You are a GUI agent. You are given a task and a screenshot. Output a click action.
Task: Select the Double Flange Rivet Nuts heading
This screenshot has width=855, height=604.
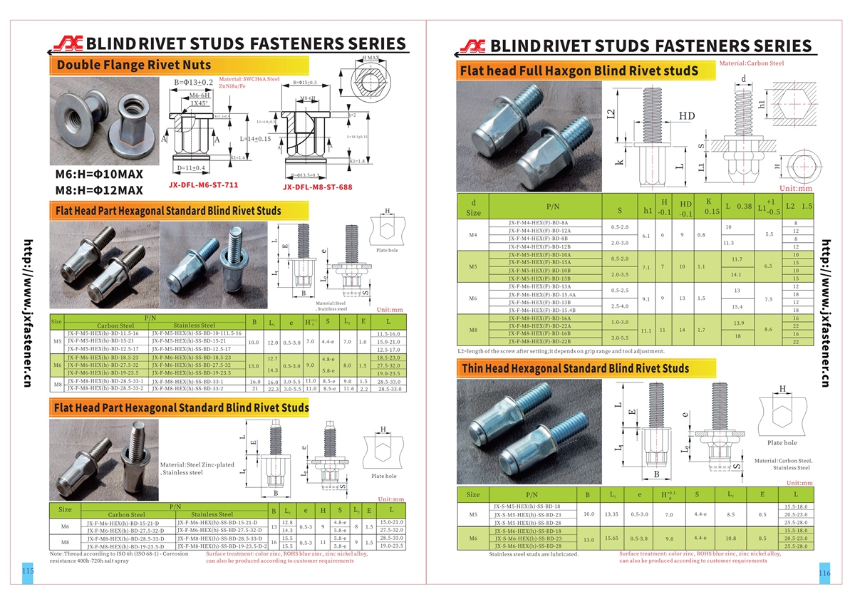click(x=133, y=65)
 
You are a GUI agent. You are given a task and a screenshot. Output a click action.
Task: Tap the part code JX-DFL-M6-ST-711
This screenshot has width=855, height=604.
click(x=203, y=184)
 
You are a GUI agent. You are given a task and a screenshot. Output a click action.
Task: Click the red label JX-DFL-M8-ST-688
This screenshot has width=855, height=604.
click(x=317, y=188)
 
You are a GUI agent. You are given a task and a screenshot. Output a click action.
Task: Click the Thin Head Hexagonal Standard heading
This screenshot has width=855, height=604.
click(x=575, y=368)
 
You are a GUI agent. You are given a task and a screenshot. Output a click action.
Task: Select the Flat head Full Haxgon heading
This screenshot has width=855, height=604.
click(x=578, y=71)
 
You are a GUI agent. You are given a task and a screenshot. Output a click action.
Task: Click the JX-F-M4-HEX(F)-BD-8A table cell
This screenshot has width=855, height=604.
click(x=539, y=222)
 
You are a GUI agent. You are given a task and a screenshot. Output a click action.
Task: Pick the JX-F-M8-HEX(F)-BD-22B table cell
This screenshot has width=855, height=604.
click(x=539, y=341)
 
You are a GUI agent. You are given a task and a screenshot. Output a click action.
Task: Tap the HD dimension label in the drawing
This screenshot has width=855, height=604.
click(x=687, y=115)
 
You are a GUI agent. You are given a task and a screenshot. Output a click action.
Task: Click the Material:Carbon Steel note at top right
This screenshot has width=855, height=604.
click(x=752, y=63)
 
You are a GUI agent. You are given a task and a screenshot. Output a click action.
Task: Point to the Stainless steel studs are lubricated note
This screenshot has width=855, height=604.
click(x=534, y=554)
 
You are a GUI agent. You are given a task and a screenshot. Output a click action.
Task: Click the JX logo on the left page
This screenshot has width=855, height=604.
click(x=71, y=43)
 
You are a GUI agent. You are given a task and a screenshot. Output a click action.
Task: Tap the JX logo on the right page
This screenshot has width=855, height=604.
click(x=472, y=47)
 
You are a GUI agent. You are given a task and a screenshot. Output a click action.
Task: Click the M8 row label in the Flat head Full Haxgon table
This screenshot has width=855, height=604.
click(x=473, y=330)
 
